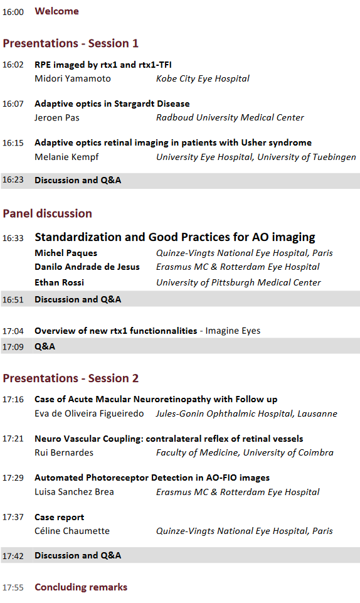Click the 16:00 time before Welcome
pyautogui.click(x=13, y=12)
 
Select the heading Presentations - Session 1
pyautogui.click(x=70, y=43)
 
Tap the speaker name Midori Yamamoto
pyautogui.click(x=73, y=78)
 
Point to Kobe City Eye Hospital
pyautogui.click(x=203, y=79)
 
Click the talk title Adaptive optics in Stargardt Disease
pyautogui.click(x=112, y=104)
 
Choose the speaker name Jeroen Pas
pyautogui.click(x=57, y=118)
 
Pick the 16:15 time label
pyautogui.click(x=13, y=143)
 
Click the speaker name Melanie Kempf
pyautogui.click(x=66, y=157)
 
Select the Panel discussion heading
pyautogui.click(x=47, y=213)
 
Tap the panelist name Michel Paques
pyautogui.click(x=66, y=253)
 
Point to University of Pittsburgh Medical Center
pyautogui.click(x=238, y=282)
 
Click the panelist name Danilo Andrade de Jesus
pyautogui.click(x=87, y=267)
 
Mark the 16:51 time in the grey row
pyautogui.click(x=13, y=299)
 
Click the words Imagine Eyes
pyautogui.click(x=233, y=331)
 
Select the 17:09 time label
pyautogui.click(x=13, y=347)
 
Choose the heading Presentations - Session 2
pyautogui.click(x=70, y=378)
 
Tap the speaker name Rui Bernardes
pyautogui.click(x=64, y=452)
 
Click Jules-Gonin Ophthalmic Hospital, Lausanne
pyautogui.click(x=246, y=414)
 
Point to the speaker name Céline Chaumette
pyautogui.click(x=72, y=531)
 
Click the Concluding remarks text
pyautogui.click(x=81, y=587)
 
